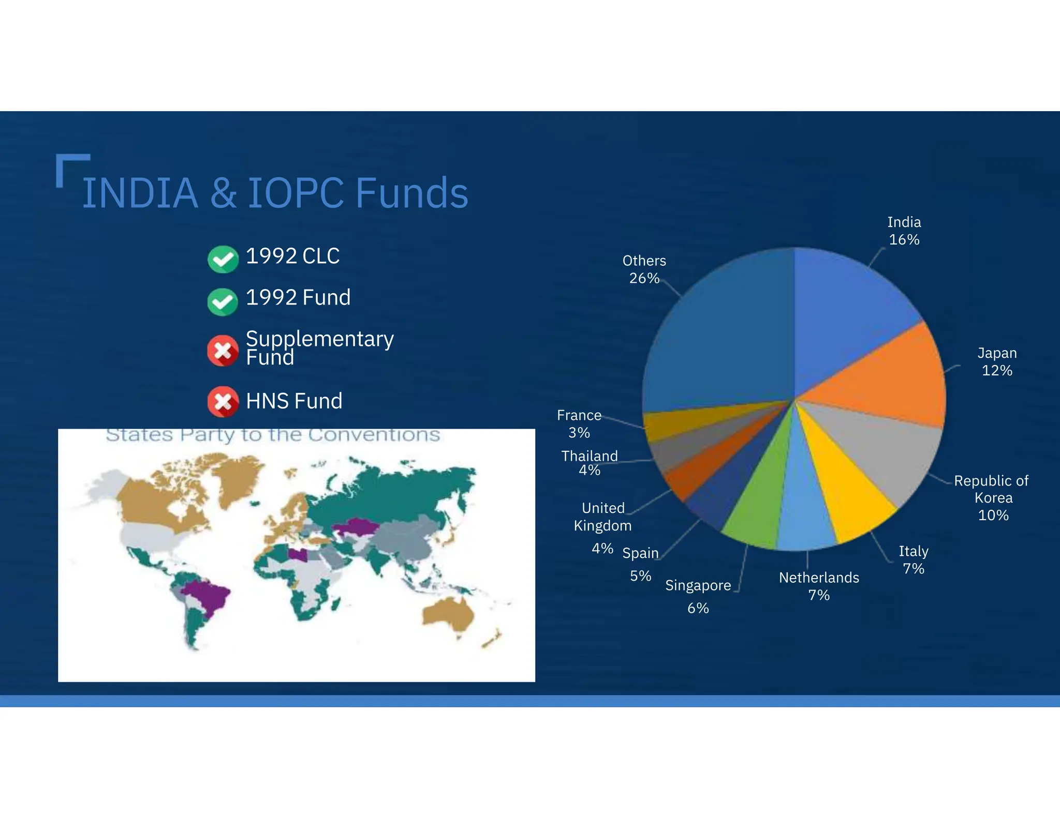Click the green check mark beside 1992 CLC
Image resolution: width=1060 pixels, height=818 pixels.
(x=223, y=259)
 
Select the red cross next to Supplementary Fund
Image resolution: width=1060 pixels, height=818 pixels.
(x=223, y=351)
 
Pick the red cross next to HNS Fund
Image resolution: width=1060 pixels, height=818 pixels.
(x=223, y=401)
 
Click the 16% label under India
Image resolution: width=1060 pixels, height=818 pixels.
(x=904, y=240)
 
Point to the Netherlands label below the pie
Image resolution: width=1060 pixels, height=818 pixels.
(x=819, y=578)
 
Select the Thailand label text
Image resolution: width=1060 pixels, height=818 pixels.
(x=590, y=456)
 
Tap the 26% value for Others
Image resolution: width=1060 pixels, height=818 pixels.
(x=644, y=278)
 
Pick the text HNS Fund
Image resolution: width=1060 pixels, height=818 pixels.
(x=294, y=401)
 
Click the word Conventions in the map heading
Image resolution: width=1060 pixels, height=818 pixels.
(x=374, y=435)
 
